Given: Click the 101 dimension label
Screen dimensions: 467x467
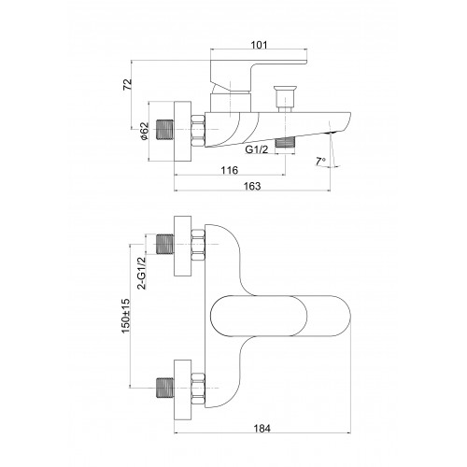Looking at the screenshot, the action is pyautogui.click(x=259, y=45).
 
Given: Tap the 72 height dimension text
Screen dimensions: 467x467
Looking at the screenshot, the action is pyautogui.click(x=128, y=85).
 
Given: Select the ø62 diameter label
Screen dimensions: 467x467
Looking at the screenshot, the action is pyautogui.click(x=145, y=132).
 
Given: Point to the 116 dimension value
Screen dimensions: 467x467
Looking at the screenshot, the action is pyautogui.click(x=230, y=170).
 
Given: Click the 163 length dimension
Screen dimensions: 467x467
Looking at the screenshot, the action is pyautogui.click(x=252, y=186).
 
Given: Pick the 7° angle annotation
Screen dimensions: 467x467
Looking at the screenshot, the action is pyautogui.click(x=320, y=162).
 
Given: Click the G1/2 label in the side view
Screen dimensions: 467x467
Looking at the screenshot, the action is pyautogui.click(x=257, y=149).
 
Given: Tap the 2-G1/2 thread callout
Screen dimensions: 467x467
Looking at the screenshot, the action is pyautogui.click(x=142, y=273).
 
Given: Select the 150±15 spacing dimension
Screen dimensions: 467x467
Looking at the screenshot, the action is pyautogui.click(x=125, y=316).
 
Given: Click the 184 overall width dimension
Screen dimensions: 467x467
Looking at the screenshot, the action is pyautogui.click(x=262, y=429).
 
